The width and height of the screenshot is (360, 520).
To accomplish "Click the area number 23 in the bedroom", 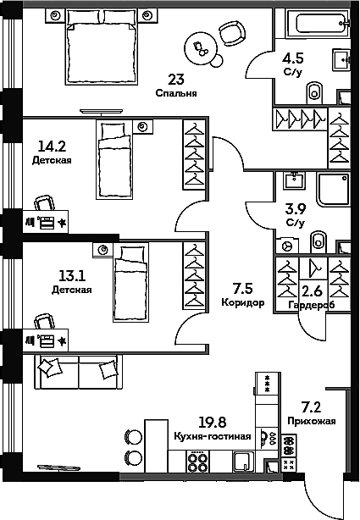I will (176, 80).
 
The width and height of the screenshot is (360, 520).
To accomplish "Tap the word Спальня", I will (176, 94).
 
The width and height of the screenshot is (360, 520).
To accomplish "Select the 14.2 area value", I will (52, 144).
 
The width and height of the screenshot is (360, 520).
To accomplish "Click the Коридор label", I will (243, 302).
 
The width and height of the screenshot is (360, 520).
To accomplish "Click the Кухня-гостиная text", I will (213, 436).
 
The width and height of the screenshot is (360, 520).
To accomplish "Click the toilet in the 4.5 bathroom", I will (315, 90).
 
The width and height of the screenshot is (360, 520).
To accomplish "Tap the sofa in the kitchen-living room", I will (78, 371).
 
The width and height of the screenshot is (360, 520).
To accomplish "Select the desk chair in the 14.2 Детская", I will (43, 203).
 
